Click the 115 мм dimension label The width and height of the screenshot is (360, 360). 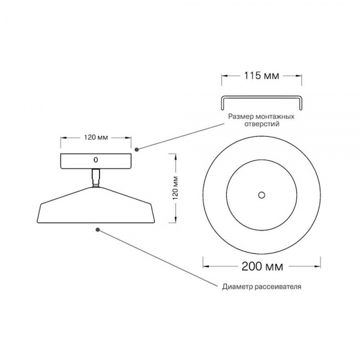[261, 76]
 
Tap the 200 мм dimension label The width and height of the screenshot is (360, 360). [262, 266]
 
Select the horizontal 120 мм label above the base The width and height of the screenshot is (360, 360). [96, 137]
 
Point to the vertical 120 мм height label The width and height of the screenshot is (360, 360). [176, 188]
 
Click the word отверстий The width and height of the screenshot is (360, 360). [262, 124]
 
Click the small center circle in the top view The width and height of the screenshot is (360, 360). [262, 195]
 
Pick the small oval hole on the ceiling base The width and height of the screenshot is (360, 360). [96, 160]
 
